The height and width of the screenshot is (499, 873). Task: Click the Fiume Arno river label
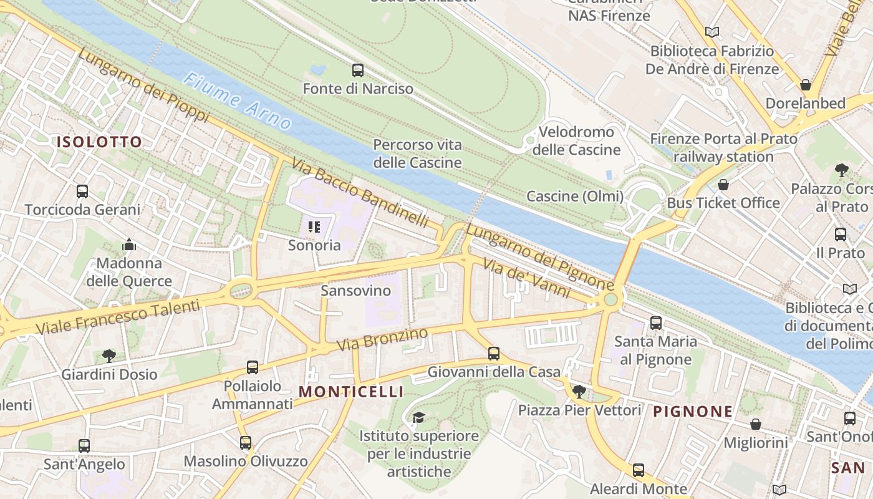pyautogui.click(x=238, y=102)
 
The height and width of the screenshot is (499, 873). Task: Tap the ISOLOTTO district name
pyautogui.click(x=100, y=142)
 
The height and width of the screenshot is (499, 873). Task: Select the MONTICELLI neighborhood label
pyautogui.click(x=351, y=392)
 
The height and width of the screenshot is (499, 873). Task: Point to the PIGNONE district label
pyautogui.click(x=693, y=412)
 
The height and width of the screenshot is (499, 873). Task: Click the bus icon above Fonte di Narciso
pyautogui.click(x=358, y=70)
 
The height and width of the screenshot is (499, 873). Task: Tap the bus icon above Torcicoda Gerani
pyautogui.click(x=82, y=191)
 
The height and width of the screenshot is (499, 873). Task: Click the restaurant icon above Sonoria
pyautogui.click(x=314, y=227)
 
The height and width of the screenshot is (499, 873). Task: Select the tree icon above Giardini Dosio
pyautogui.click(x=109, y=356)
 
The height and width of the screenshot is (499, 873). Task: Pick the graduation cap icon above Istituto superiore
pyautogui.click(x=418, y=417)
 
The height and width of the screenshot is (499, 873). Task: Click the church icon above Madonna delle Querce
pyautogui.click(x=129, y=245)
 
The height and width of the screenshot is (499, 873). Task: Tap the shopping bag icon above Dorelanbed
pyautogui.click(x=806, y=85)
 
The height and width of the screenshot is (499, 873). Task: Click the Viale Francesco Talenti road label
pyautogui.click(x=118, y=317)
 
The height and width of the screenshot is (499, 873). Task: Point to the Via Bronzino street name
pyautogui.click(x=382, y=339)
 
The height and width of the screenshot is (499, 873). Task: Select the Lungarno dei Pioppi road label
pyautogui.click(x=143, y=85)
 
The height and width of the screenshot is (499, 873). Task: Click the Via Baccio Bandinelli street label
pyautogui.click(x=360, y=194)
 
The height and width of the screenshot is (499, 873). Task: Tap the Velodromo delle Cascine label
pyautogui.click(x=576, y=141)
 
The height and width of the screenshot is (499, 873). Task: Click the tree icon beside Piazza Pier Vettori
pyautogui.click(x=579, y=392)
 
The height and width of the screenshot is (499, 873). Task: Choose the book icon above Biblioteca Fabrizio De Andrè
pyautogui.click(x=712, y=32)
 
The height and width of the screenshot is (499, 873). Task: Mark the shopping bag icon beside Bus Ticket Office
pyautogui.click(x=723, y=185)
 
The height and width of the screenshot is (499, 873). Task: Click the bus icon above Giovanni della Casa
pyautogui.click(x=494, y=354)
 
